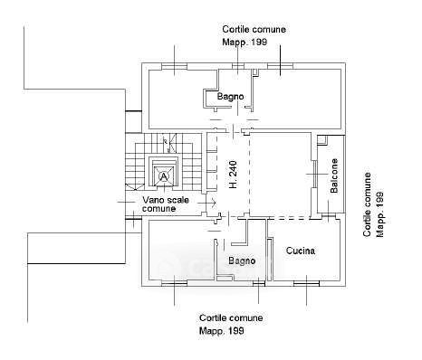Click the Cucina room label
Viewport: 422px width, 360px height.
coord(301,251)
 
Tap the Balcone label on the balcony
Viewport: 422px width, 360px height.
coord(334,176)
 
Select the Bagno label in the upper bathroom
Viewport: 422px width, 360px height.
coord(230,97)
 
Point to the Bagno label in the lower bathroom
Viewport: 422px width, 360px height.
coord(242,261)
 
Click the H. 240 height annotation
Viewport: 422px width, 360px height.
coord(233,175)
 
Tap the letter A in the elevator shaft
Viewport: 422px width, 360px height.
coord(164,176)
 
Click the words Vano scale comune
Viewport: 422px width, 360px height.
coord(166,204)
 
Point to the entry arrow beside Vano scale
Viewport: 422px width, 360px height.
coord(207,203)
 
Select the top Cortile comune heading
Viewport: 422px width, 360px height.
coord(254,29)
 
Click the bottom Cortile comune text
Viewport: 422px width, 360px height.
coord(231,317)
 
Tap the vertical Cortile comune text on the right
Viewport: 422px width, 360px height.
coord(367,204)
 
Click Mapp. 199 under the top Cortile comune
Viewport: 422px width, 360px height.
coord(245,42)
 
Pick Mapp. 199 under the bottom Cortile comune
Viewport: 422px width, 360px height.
coord(222,331)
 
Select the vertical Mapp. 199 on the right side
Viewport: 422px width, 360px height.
coord(380,213)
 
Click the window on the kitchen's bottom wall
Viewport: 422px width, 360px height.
coord(306,283)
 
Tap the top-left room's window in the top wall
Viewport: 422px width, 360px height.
coord(174,66)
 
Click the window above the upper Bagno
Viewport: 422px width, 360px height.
coord(237,66)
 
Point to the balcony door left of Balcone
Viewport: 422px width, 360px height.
coord(314,174)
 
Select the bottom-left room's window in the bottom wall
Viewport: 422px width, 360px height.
coord(174,283)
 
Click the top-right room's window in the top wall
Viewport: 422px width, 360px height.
coord(280,66)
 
